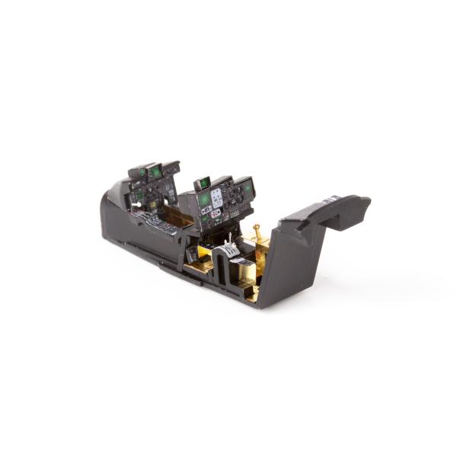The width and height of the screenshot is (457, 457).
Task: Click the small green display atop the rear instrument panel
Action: (x=203, y=183)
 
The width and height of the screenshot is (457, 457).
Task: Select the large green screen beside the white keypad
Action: (x=205, y=200)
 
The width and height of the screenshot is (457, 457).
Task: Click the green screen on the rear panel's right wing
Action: (x=248, y=185)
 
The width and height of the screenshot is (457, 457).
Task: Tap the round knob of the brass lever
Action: (x=257, y=225)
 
